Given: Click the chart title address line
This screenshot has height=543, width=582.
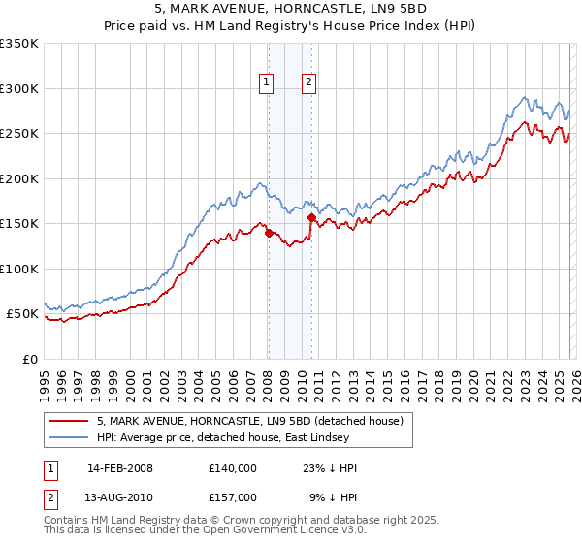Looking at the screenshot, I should [290, 11].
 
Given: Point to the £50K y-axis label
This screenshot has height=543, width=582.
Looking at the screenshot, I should [21, 314].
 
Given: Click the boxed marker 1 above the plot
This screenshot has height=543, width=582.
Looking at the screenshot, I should [266, 83].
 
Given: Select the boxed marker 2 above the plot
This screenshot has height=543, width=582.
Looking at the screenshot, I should [308, 83].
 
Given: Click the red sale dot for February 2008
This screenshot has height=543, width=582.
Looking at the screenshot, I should [268, 233].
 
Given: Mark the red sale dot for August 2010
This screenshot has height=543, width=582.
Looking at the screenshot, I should [311, 217].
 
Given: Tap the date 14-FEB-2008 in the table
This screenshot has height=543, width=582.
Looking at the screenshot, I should [119, 468].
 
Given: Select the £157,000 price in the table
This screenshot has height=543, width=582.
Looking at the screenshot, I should [233, 496].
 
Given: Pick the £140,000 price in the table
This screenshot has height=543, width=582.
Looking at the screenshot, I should [233, 468].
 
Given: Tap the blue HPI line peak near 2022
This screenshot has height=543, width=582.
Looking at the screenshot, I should [525, 97].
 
